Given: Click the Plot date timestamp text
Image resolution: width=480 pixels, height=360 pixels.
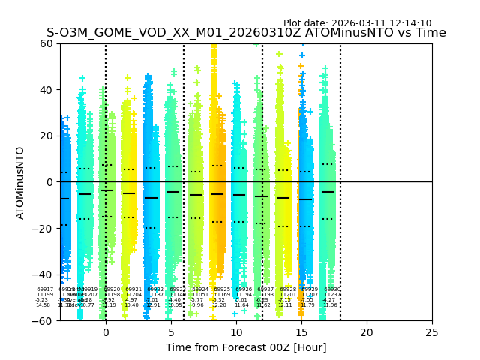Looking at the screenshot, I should [357, 23].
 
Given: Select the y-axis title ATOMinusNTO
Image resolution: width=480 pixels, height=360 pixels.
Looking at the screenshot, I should [21, 182].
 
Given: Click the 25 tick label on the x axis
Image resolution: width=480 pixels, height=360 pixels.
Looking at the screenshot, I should [432, 331].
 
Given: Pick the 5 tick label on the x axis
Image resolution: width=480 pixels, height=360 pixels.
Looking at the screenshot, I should [171, 331].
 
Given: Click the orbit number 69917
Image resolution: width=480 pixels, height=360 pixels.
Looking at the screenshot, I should [45, 289].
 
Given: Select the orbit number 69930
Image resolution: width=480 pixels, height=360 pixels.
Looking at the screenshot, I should [331, 289].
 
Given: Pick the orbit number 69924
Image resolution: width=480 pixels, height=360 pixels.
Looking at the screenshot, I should [200, 289].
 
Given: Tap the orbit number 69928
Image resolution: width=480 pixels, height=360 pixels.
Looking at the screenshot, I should [288, 289].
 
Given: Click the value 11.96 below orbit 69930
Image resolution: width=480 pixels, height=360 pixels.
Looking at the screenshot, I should [330, 305].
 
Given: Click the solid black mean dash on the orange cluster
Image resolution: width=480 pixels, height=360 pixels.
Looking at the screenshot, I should [217, 194].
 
